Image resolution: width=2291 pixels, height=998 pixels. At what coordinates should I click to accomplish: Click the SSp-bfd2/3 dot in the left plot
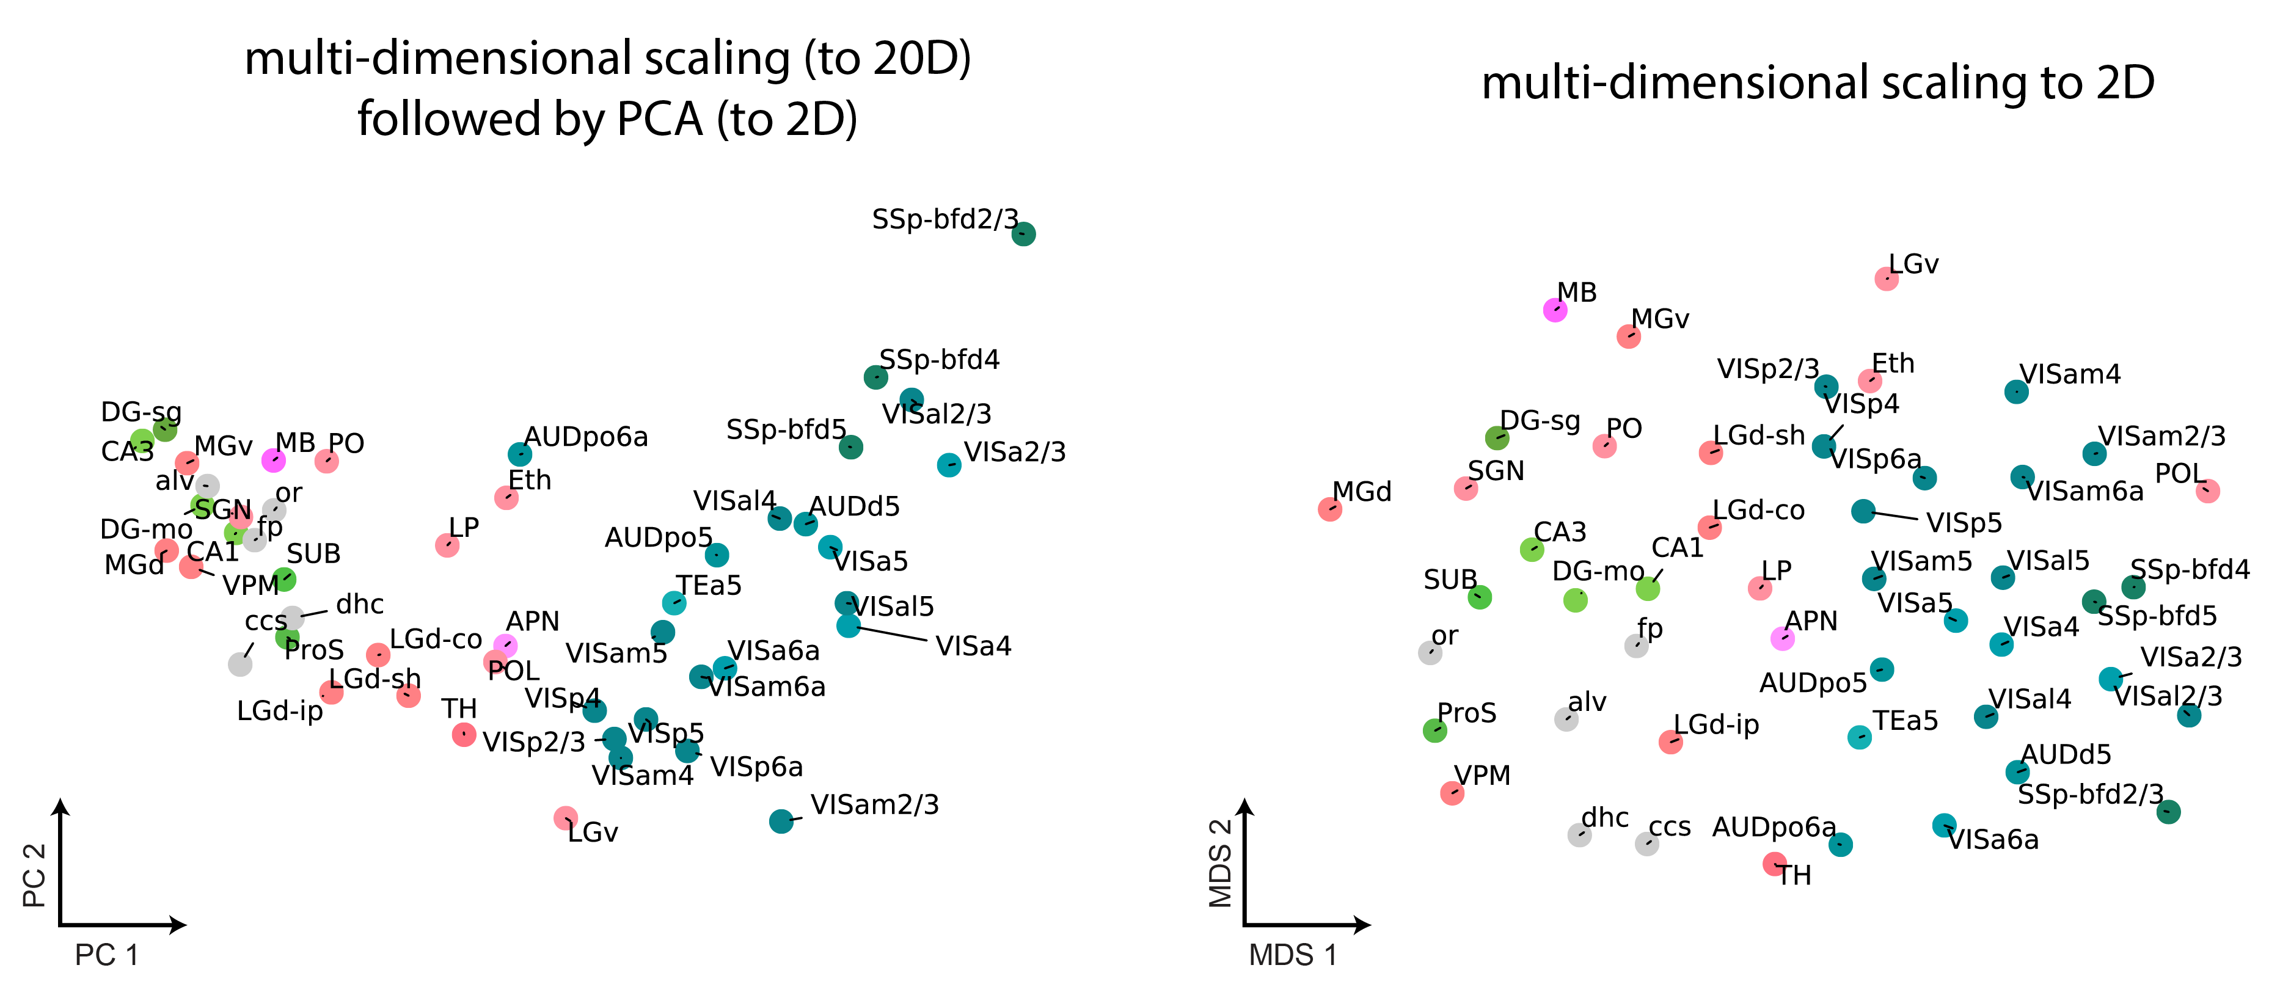(x=1024, y=234)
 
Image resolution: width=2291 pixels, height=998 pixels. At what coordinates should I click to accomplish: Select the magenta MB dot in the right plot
(x=1555, y=310)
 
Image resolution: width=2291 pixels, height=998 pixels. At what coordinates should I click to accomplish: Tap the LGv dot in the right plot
(x=1887, y=279)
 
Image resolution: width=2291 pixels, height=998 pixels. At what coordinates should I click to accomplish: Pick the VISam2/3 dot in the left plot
(x=781, y=821)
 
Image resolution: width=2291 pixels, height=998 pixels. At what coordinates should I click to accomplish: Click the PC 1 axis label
(x=107, y=955)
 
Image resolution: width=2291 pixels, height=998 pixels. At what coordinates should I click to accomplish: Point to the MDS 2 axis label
(x=1221, y=863)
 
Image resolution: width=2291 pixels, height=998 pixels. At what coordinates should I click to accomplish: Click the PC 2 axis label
(x=34, y=875)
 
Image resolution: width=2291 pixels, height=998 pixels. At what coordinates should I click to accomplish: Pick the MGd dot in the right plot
(x=1329, y=509)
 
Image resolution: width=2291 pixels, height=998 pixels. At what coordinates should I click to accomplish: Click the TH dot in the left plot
(x=463, y=734)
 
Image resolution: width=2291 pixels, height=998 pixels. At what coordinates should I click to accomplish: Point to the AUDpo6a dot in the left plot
(x=519, y=454)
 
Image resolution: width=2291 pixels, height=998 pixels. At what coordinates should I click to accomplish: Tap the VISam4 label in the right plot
(x=2070, y=374)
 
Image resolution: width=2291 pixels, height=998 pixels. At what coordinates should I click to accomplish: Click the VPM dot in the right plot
(x=1452, y=793)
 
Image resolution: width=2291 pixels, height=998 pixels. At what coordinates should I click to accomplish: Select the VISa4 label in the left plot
(x=973, y=646)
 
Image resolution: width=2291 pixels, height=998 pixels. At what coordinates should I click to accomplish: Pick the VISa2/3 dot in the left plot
(x=949, y=464)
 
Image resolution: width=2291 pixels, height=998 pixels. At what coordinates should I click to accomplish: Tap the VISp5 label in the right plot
(x=1964, y=523)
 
